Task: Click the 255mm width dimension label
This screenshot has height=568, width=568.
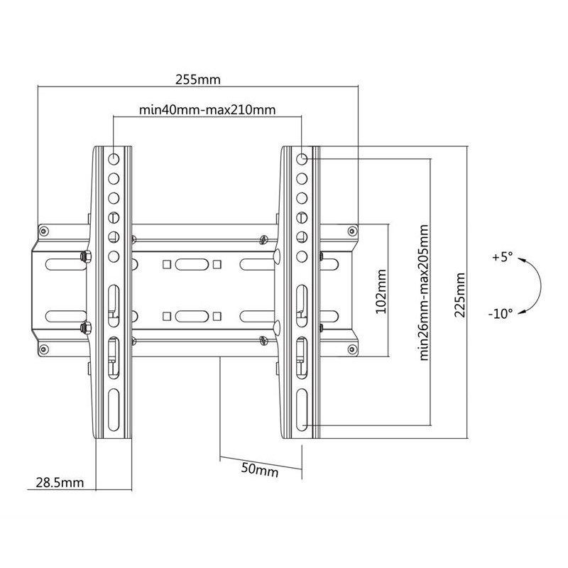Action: (198, 80)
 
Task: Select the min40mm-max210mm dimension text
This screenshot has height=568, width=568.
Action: (207, 109)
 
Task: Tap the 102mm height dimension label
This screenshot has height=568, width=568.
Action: (381, 291)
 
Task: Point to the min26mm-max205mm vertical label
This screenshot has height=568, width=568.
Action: (424, 293)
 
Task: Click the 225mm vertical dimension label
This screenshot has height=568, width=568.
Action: (459, 295)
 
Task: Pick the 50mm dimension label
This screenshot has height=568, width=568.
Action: (260, 469)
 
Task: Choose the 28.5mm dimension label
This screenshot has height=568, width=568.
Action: (60, 483)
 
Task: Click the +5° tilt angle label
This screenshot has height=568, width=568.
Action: (503, 257)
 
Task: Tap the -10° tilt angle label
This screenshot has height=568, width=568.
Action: (501, 313)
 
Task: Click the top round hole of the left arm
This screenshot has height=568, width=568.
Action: (114, 158)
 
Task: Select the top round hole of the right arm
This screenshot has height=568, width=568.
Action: (302, 158)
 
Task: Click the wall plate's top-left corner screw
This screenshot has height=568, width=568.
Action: (44, 231)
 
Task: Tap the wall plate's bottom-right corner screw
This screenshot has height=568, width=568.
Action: (351, 349)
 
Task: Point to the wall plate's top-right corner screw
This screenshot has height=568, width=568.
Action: (351, 231)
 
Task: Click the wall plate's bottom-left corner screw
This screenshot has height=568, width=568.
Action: (44, 349)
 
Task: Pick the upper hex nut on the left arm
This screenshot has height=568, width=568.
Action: (86, 256)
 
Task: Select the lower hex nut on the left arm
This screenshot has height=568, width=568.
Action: (86, 328)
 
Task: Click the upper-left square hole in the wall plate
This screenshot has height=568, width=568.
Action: (167, 264)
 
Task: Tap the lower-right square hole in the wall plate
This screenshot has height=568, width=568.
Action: (217, 316)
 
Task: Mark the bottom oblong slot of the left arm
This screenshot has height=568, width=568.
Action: (114, 410)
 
